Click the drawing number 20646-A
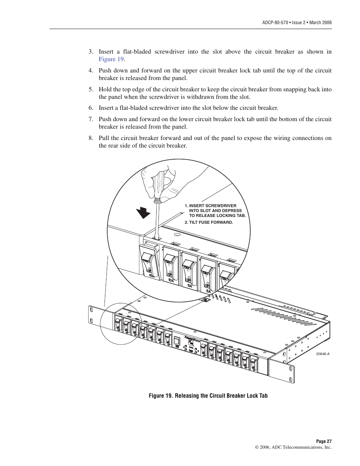click(323, 354)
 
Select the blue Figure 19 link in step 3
click(111, 59)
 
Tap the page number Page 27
click(323, 441)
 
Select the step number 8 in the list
click(91, 138)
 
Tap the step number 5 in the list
click(91, 89)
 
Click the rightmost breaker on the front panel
click(253, 363)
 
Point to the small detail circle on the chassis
click(120, 323)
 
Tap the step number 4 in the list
click(91, 71)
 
